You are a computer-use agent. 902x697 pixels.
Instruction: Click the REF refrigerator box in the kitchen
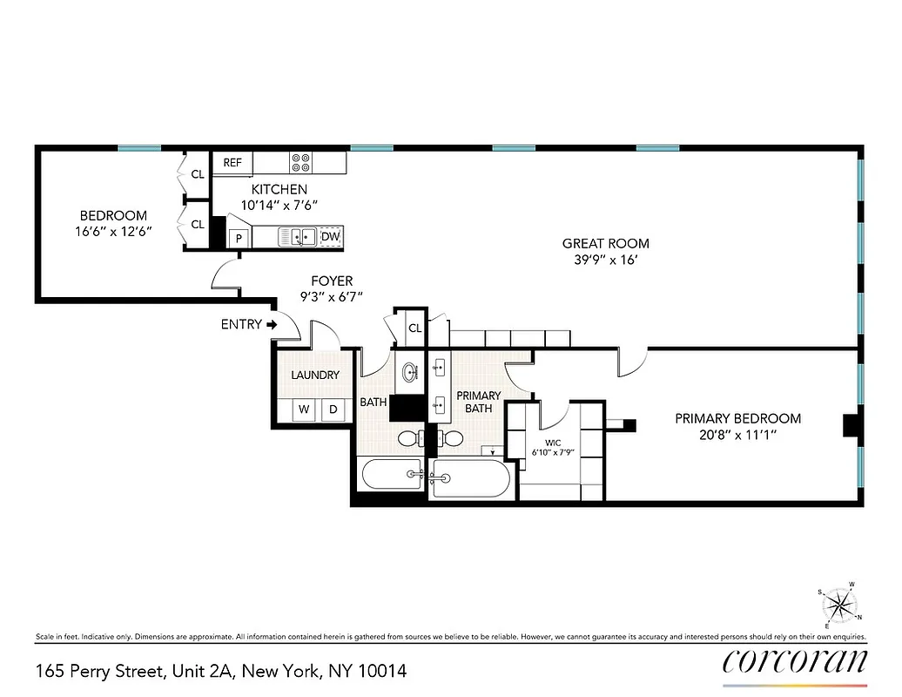[232, 163]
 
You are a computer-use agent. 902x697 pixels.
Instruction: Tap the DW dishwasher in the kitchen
[330, 236]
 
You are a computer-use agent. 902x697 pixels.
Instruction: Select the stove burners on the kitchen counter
[300, 163]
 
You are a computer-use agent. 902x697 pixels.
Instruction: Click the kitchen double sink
[298, 236]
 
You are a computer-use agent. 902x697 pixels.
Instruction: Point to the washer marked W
[304, 409]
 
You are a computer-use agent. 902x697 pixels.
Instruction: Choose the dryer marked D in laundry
[332, 409]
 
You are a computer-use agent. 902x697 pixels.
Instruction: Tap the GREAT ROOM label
[605, 244]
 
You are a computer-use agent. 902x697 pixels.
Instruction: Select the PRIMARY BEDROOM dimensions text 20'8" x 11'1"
[737, 435]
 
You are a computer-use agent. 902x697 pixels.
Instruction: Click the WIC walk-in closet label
[554, 443]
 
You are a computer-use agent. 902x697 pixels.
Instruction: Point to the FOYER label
[332, 281]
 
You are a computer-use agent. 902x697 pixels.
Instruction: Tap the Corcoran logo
[794, 662]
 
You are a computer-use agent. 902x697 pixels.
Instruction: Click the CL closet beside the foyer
[414, 328]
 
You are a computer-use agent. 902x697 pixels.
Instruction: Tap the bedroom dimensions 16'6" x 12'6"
[113, 232]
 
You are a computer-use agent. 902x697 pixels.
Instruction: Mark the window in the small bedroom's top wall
[139, 147]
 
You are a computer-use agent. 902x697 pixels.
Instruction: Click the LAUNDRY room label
[314, 376]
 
